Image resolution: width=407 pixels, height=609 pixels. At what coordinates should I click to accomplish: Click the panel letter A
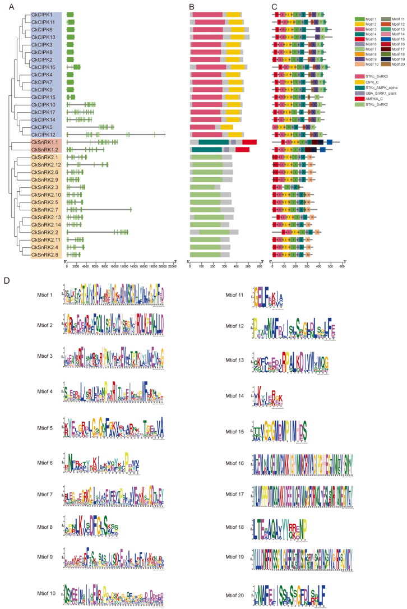(11, 7)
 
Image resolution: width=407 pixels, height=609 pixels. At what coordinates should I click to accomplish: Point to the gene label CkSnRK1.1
(44, 142)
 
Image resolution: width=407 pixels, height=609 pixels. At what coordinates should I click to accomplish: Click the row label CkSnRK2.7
(44, 210)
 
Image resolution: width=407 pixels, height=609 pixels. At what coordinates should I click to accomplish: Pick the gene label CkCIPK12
(43, 135)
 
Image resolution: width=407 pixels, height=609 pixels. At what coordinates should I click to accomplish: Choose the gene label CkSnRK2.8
(44, 255)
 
